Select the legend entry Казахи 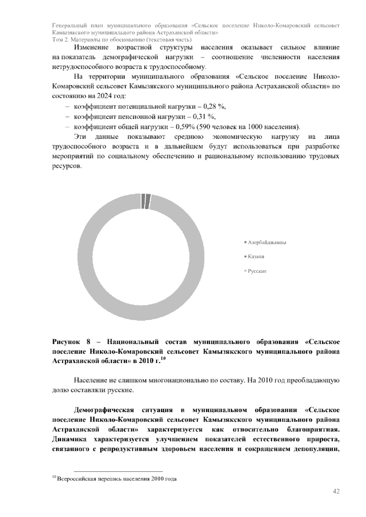[x=256, y=257]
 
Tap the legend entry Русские [x=257, y=271]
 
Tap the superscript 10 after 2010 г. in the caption [x=163, y=359]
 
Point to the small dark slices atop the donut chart [x=146, y=201]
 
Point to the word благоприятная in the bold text [x=313, y=430]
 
